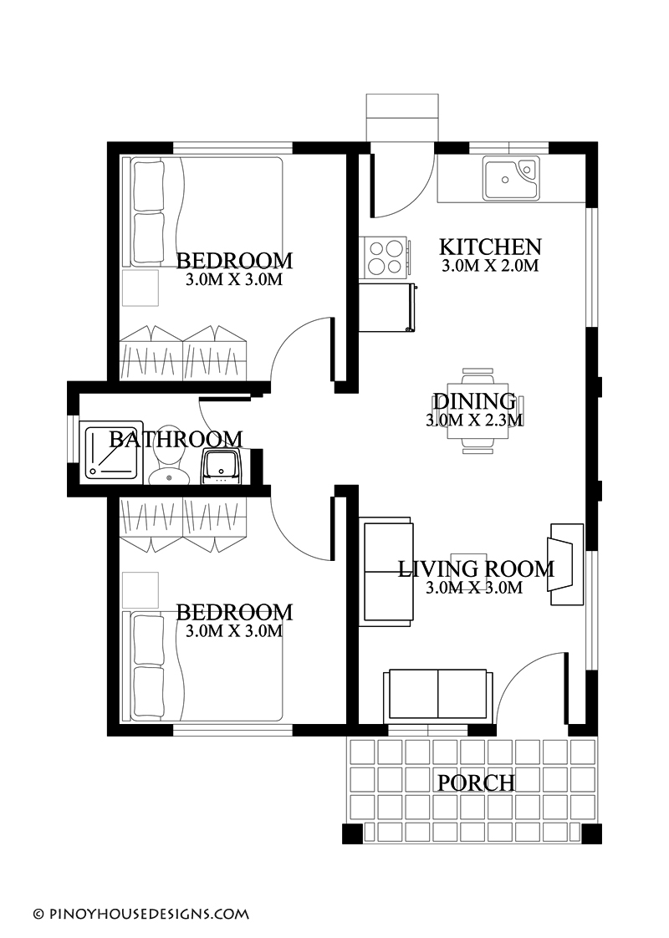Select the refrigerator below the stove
[387, 308]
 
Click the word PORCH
[476, 783]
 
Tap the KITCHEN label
[490, 247]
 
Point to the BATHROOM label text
[176, 439]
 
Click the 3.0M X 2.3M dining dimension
[474, 421]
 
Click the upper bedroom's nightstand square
[140, 288]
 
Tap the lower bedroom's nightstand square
[140, 590]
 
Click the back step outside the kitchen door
[402, 116]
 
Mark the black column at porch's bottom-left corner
[352, 833]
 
